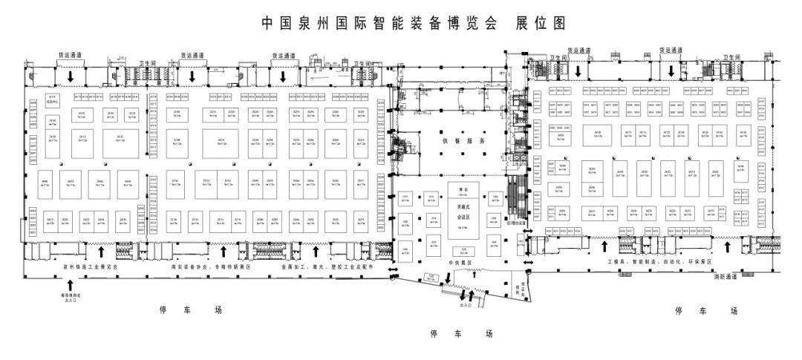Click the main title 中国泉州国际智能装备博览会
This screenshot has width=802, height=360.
pos(379,23)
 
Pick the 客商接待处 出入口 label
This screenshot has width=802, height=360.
pos(71,297)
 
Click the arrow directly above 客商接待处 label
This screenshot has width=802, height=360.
pos(71,283)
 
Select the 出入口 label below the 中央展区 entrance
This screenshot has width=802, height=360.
pos(466,305)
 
